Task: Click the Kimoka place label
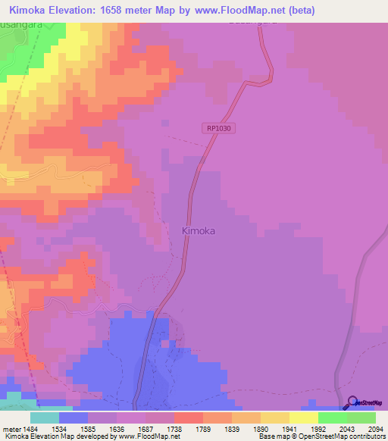199,231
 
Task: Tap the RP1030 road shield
220,129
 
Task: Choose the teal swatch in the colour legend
45,418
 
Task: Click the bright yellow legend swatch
303,418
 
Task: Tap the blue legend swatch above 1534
74,418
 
